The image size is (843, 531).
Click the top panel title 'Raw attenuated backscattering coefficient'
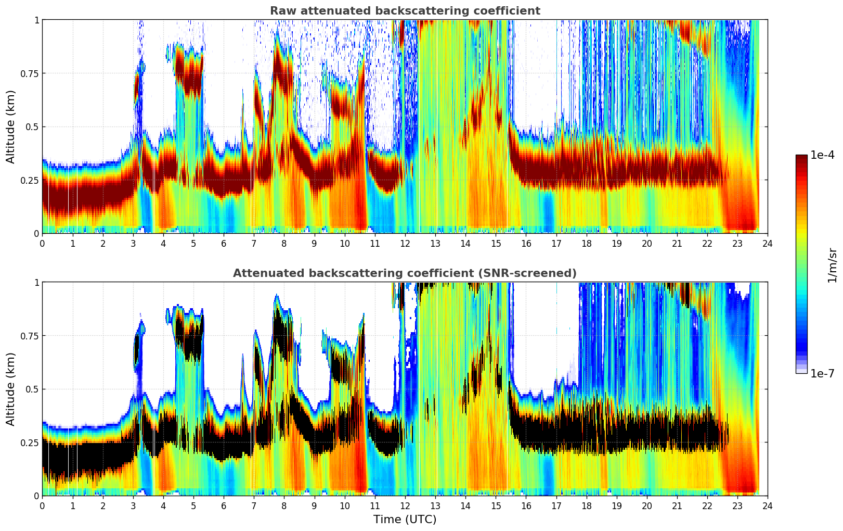(405, 11)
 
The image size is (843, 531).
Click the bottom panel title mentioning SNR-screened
(405, 273)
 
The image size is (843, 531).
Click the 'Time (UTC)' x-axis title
(405, 520)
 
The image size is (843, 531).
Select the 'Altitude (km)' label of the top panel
(10, 127)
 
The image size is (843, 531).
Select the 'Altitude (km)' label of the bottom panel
(10, 389)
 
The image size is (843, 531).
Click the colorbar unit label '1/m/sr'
(832, 265)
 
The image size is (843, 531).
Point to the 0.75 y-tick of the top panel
(30, 73)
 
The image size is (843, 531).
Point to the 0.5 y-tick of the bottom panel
(32, 389)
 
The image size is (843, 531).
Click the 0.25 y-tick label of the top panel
(30, 180)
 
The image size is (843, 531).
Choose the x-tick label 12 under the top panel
(405, 243)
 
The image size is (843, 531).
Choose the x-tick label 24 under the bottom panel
(767, 505)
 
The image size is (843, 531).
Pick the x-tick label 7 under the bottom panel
(254, 505)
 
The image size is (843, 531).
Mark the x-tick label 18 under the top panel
(586, 243)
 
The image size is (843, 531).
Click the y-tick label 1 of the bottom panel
(36, 283)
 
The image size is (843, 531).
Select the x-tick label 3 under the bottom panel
(133, 505)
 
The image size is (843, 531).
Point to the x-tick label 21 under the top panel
(677, 243)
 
